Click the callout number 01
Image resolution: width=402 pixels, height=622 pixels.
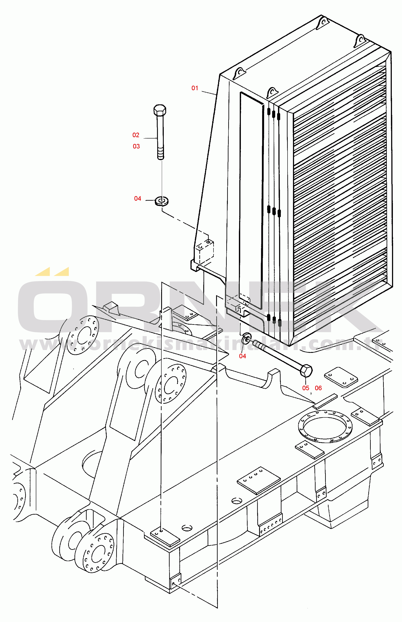(x=195, y=88)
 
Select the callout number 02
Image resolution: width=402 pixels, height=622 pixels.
(x=136, y=135)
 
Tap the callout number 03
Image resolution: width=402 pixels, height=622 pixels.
(x=136, y=146)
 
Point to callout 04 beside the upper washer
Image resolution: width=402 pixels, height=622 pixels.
(x=137, y=198)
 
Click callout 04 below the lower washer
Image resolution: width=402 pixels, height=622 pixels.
(x=243, y=356)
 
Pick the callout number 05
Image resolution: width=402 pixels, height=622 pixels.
(x=306, y=388)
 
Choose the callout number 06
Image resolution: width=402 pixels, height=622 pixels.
(x=318, y=388)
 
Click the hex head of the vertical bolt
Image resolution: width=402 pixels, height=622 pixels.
(x=160, y=110)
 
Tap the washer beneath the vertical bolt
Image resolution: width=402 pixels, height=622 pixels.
(x=162, y=201)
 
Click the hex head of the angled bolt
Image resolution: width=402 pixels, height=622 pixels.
(x=306, y=370)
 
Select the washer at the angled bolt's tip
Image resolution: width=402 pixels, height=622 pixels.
(x=246, y=339)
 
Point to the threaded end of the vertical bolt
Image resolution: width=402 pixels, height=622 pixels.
(x=161, y=154)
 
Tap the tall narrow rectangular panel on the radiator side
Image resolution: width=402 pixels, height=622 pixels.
(x=251, y=200)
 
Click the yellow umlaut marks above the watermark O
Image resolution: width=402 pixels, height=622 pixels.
(x=52, y=272)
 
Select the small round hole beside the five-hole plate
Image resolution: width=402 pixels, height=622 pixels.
(x=237, y=501)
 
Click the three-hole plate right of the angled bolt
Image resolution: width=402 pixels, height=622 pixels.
(x=341, y=377)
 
